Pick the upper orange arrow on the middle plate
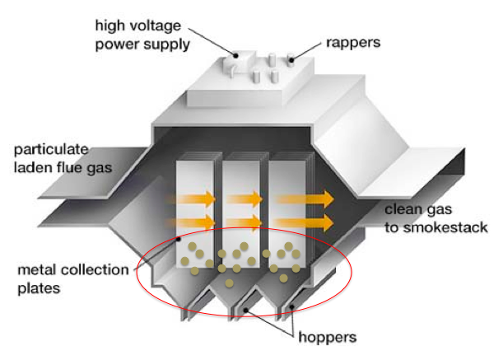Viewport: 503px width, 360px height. [245, 199]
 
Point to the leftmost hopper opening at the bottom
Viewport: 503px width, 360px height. [192, 311]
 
